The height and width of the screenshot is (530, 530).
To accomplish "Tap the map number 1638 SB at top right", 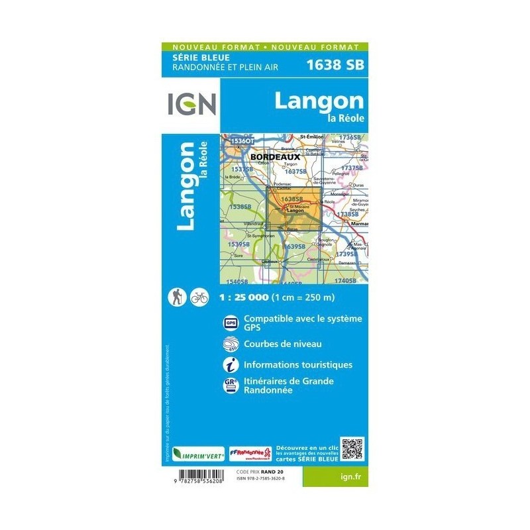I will click(335, 65).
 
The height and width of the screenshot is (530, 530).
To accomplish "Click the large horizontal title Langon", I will click(319, 101).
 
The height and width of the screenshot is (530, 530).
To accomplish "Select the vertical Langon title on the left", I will click(187, 186).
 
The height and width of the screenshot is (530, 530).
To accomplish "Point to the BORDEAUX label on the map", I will click(276, 157).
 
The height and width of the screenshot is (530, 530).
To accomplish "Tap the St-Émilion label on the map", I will click(311, 136).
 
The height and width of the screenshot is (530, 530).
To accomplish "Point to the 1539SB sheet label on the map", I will click(238, 244).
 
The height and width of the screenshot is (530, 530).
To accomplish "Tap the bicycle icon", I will click(199, 297).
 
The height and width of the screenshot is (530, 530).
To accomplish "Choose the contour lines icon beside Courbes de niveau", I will click(231, 344).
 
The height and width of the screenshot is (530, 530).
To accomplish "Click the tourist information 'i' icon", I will click(231, 365).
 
